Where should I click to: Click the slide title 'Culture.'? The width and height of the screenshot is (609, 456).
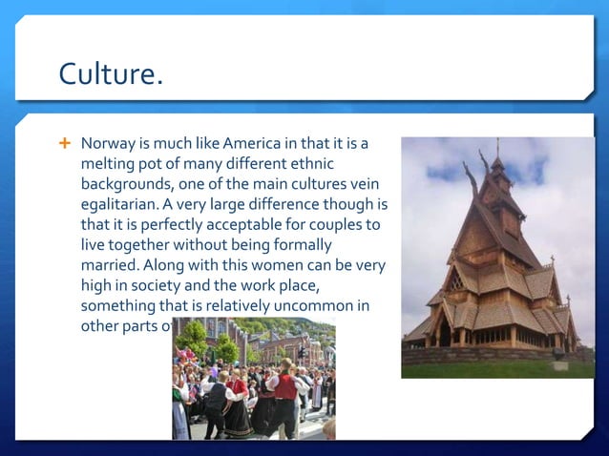click(x=110, y=73)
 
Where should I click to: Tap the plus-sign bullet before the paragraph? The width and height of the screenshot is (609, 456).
click(x=65, y=143)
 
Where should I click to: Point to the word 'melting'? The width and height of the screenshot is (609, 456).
click(x=108, y=164)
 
